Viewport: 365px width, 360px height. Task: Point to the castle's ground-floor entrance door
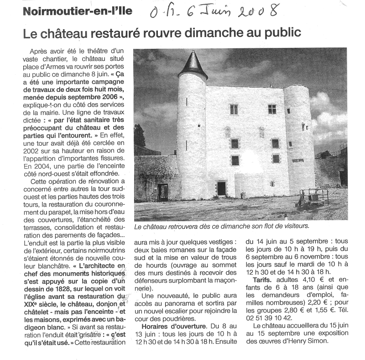[221, 188]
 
